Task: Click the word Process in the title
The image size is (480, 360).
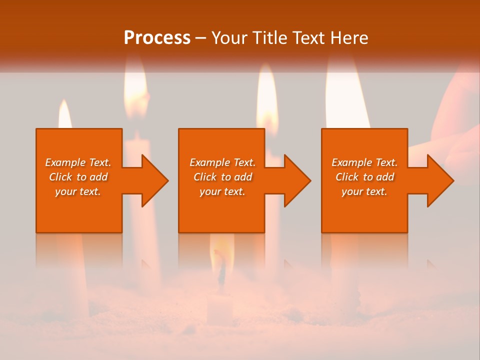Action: [x=157, y=38]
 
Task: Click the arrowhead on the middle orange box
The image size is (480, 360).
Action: [x=296, y=180]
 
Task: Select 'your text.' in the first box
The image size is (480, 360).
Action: [x=78, y=191]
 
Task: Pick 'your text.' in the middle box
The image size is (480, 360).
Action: [x=222, y=191]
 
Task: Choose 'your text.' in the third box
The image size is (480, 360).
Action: [x=364, y=191]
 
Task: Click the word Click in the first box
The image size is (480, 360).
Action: [x=60, y=177]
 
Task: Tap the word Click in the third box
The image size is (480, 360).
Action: [x=347, y=177]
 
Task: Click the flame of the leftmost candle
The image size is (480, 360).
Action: [x=64, y=115]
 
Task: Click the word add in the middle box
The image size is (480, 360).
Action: [x=243, y=177]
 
